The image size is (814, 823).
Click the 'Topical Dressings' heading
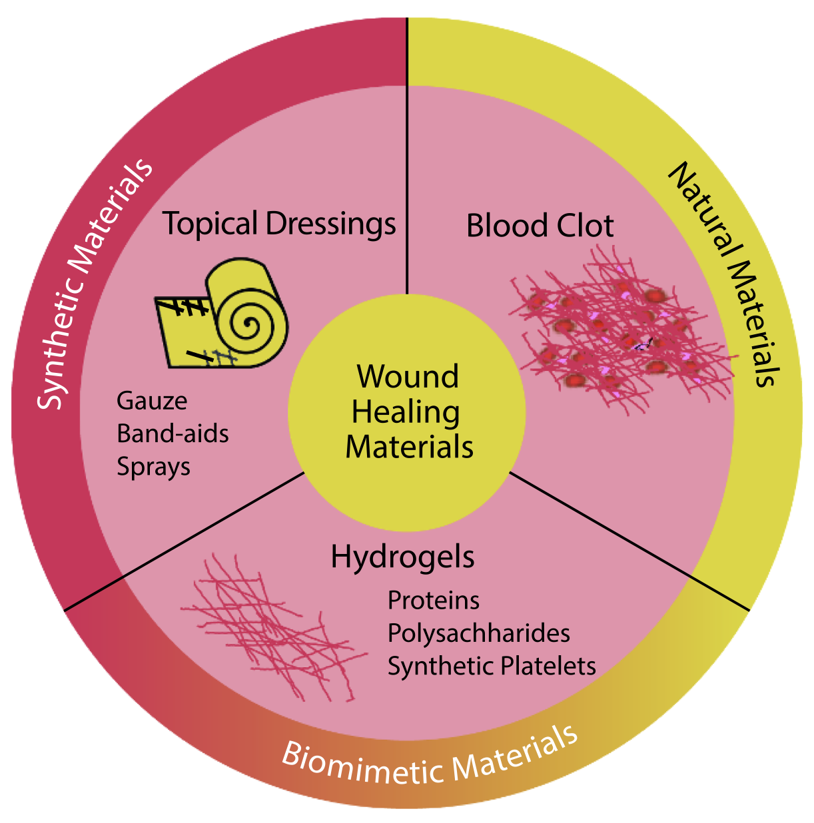coord(279,224)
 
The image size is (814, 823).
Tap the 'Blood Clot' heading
coord(540,226)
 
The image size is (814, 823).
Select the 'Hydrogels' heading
coord(402,557)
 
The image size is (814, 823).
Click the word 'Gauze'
coord(152,401)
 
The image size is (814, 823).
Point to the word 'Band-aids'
coord(173,433)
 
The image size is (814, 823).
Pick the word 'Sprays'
coord(153,467)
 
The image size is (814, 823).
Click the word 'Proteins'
coord(433,601)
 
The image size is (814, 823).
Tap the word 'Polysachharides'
coord(478,633)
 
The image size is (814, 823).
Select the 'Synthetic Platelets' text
coord(492,666)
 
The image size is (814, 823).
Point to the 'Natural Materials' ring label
coord(726,273)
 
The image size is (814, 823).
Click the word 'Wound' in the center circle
coord(408,377)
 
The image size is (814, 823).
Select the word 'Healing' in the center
coord(406,412)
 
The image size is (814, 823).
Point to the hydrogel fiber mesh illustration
coord(273,626)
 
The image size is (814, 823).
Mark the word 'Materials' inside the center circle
coord(409,447)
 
